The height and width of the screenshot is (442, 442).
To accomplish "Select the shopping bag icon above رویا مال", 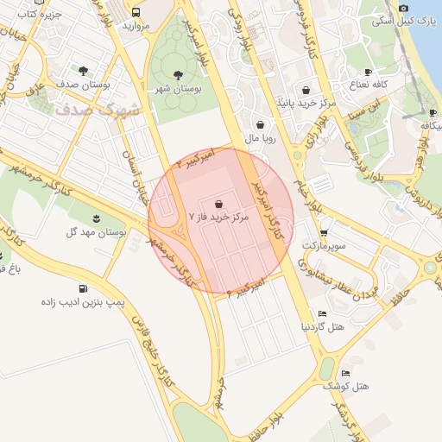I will point(260,124).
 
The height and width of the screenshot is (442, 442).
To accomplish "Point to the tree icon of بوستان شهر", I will point(178,75).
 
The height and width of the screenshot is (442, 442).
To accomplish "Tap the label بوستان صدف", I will point(81,85).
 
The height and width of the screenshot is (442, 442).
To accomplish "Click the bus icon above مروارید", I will point(136,12).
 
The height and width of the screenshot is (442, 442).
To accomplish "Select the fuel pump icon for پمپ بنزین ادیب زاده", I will point(83,288).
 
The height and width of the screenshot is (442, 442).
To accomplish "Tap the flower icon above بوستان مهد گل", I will point(96,216).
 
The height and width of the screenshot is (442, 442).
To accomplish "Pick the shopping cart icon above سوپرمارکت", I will point(323,232).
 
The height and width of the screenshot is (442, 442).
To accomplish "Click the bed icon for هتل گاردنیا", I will point(322,313).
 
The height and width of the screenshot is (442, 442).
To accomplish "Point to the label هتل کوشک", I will point(346,386).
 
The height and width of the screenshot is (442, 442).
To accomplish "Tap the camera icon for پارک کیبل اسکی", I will point(404,7).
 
